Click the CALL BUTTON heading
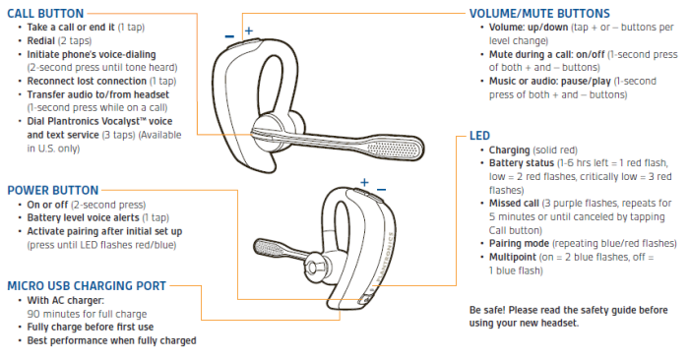pos(45,14)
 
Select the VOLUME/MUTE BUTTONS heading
pos(539,14)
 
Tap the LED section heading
pos(479,136)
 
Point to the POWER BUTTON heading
pos(53,191)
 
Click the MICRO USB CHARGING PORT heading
pos(87,286)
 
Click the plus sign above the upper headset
pos(249,30)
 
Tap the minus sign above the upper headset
pos(229,36)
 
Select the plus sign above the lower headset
pos(364,182)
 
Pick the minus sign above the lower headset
pos(382,190)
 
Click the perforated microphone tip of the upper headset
pos(394,149)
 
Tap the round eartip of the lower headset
pos(314,266)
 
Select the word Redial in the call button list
pos(41,41)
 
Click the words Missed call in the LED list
pos(514,204)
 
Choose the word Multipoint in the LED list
pos(513,258)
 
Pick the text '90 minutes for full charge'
pos(87,315)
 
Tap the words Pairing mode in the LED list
pos(519,244)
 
